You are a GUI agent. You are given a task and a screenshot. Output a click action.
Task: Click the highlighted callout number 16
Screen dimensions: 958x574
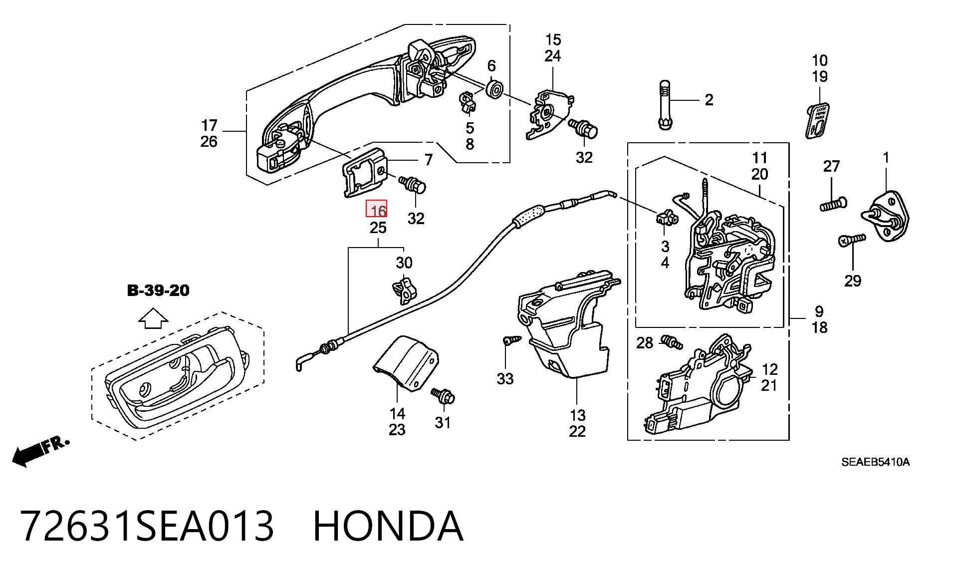(x=377, y=209)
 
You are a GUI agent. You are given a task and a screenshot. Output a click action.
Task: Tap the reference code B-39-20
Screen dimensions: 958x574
(x=159, y=290)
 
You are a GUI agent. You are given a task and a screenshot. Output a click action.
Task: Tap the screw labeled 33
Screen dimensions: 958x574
(x=511, y=341)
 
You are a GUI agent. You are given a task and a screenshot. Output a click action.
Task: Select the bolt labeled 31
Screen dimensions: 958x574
(x=444, y=396)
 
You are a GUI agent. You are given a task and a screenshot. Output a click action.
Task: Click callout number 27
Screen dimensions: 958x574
(x=831, y=166)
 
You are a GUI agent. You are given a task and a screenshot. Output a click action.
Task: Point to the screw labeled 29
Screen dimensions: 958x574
(x=852, y=240)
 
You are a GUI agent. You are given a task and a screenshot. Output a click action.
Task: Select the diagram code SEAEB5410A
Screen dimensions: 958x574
(x=875, y=462)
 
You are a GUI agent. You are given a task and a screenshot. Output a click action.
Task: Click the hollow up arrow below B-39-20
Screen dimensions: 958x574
(x=153, y=318)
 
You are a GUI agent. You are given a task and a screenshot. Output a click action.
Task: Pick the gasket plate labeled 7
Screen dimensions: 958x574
(x=364, y=172)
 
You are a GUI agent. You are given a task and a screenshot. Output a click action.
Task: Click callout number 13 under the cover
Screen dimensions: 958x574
(x=577, y=415)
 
